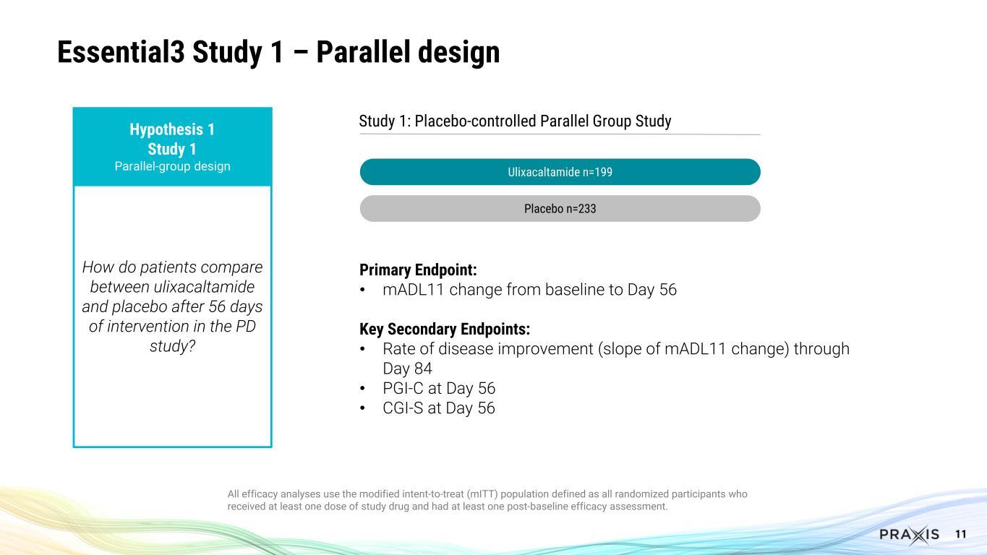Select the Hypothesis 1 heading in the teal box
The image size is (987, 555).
coord(172,130)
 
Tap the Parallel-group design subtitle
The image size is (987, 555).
coord(172,166)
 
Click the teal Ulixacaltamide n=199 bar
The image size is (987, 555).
coord(560,172)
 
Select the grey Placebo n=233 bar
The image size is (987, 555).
coord(560,209)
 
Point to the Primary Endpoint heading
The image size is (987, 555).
coord(418,270)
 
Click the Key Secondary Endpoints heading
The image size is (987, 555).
coord(445,330)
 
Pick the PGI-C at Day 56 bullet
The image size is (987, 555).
coord(438,388)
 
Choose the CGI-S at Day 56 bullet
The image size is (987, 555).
coord(438,408)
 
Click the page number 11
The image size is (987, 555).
coord(961,534)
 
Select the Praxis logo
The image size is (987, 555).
coord(909,535)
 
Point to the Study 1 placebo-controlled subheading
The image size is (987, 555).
coord(515,121)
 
